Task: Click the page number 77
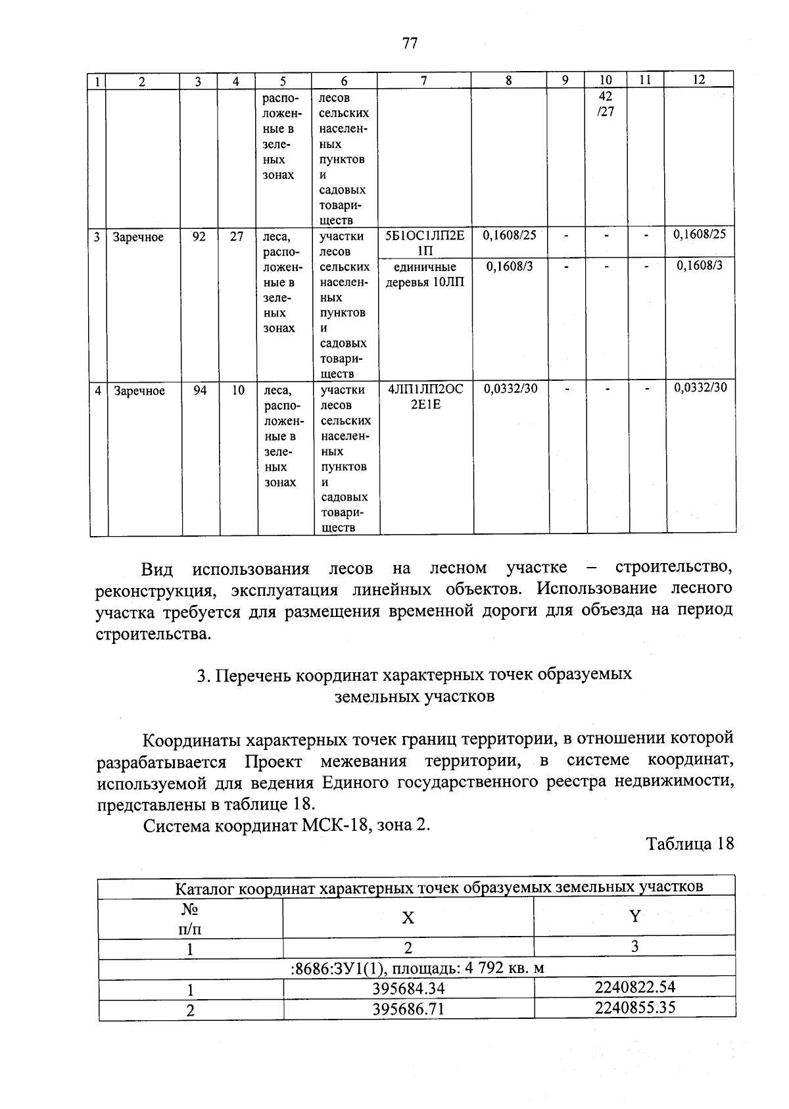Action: pyautogui.click(x=409, y=43)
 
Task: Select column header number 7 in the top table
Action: pyautogui.click(x=424, y=81)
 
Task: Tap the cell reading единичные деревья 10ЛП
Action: pyautogui.click(x=425, y=275)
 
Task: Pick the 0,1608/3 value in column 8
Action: pyautogui.click(x=510, y=266)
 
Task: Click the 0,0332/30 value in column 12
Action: pyautogui.click(x=700, y=387)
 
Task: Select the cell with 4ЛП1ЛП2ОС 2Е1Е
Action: pyautogui.click(x=425, y=396)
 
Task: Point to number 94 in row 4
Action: pyautogui.click(x=200, y=390)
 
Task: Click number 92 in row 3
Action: pyautogui.click(x=199, y=236)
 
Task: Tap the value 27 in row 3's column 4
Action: pyautogui.click(x=237, y=236)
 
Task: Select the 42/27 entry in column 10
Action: pyautogui.click(x=606, y=104)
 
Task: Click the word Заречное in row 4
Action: pyautogui.click(x=139, y=391)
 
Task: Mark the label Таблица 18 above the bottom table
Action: pyautogui.click(x=689, y=844)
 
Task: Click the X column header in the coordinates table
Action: pyautogui.click(x=408, y=918)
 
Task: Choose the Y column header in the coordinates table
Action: pyautogui.click(x=634, y=916)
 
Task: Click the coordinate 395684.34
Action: pyautogui.click(x=408, y=989)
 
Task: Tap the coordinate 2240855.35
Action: pyautogui.click(x=634, y=1008)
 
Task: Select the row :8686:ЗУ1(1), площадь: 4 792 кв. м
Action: pyautogui.click(x=417, y=968)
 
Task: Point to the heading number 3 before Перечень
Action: pyautogui.click(x=202, y=676)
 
